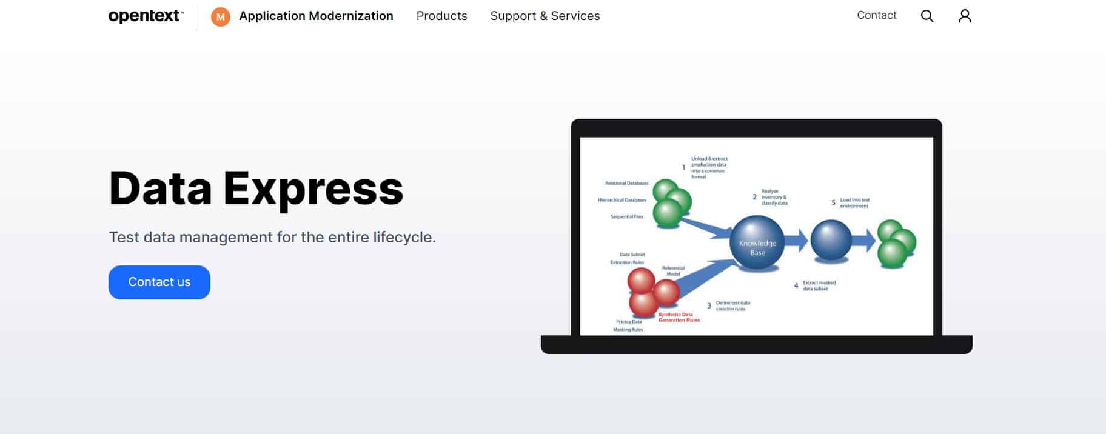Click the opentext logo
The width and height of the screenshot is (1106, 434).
146,16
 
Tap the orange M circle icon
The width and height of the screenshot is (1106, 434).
220,17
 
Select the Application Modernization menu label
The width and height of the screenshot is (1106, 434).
316,16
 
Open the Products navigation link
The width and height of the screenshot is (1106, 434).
441,16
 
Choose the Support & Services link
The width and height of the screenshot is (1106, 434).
545,16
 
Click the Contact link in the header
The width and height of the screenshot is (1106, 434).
876,15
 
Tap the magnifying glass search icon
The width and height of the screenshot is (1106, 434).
927,16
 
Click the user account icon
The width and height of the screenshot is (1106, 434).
964,16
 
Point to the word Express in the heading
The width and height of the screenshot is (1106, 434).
313,189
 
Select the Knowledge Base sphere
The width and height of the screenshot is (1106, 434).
757,242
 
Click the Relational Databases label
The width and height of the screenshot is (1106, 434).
626,183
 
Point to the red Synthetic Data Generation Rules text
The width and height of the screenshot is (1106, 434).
679,317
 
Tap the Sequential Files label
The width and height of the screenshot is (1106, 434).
626,216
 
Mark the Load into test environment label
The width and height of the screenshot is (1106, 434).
854,202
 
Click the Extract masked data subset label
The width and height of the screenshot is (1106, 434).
819,285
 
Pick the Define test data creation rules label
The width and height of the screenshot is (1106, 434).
732,305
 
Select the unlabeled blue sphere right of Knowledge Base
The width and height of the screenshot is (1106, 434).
831,241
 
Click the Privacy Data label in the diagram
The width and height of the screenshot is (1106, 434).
628,322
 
